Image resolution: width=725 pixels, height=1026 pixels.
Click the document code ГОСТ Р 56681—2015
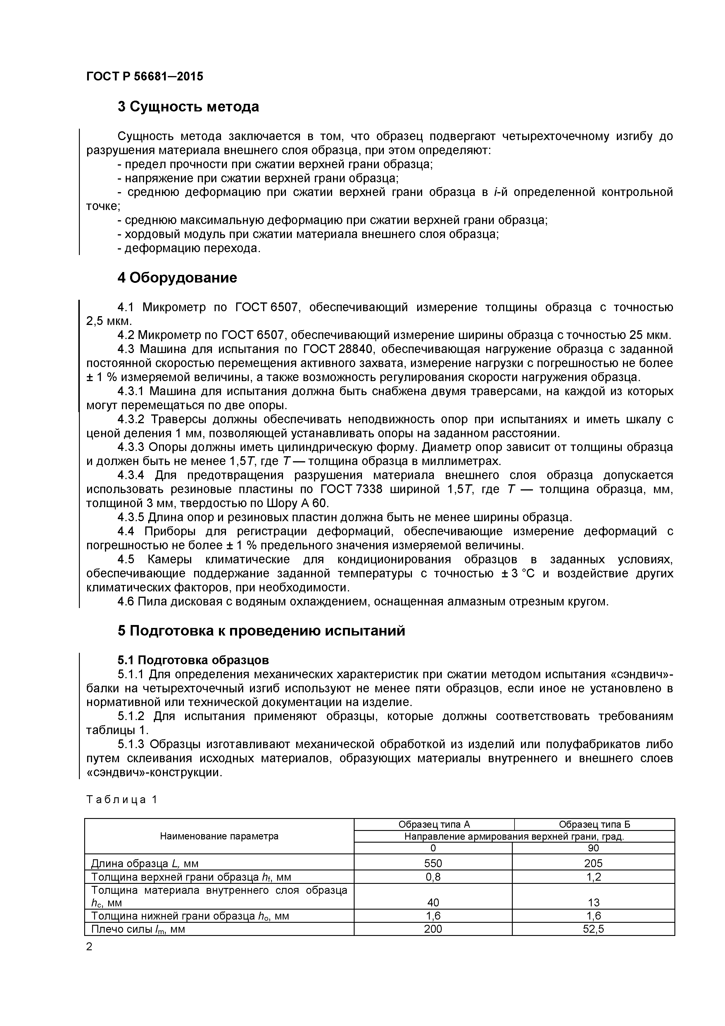click(144, 76)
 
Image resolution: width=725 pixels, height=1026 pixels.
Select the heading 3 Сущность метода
click(188, 107)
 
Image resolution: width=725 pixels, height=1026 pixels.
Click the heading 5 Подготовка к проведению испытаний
click(261, 631)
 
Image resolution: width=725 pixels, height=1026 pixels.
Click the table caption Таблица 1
click(122, 799)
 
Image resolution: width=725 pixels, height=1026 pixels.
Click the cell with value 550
click(433, 863)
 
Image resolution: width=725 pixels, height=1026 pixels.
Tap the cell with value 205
click(593, 863)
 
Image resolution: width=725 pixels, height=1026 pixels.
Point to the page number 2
click(89, 946)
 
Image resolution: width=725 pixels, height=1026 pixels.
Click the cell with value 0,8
click(433, 877)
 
